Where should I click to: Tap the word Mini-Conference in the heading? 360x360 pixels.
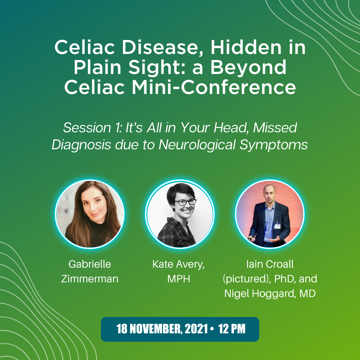[214, 87]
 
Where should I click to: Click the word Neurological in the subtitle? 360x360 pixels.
[197, 145]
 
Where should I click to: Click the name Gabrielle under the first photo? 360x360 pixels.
[90, 264]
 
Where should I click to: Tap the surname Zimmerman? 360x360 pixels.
[90, 279]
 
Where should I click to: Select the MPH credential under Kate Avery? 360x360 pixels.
[179, 279]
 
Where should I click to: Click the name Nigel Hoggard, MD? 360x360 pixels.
[270, 294]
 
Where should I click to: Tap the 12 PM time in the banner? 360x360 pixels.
[232, 329]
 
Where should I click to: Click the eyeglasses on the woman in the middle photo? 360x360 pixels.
[186, 202]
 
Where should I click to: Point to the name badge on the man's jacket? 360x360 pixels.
[278, 226]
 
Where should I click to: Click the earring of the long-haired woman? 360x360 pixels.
[85, 214]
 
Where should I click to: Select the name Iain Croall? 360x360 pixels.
[270, 264]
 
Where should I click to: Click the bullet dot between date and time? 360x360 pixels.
[212, 329]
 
